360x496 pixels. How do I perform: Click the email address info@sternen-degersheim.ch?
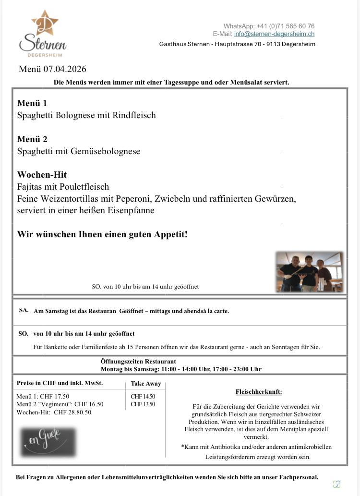[x=274, y=34]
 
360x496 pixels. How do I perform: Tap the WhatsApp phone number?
[x=286, y=26]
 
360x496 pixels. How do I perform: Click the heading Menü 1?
[x=32, y=103]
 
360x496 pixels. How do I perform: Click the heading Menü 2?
[x=32, y=139]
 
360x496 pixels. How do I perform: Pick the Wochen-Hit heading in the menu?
[x=42, y=175]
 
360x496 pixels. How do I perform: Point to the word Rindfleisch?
[x=132, y=115]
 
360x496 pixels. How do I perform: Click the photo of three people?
[x=310, y=272]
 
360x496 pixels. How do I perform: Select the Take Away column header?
[x=146, y=384]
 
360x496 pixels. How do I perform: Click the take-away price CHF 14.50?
[x=143, y=397]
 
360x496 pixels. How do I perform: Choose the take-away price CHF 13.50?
[x=143, y=404]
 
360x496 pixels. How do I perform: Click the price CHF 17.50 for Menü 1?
[x=56, y=397]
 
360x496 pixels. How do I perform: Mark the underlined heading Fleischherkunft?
[x=259, y=392]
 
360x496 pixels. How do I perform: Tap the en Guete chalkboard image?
[x=48, y=442]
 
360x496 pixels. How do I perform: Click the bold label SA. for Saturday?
[x=24, y=310]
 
